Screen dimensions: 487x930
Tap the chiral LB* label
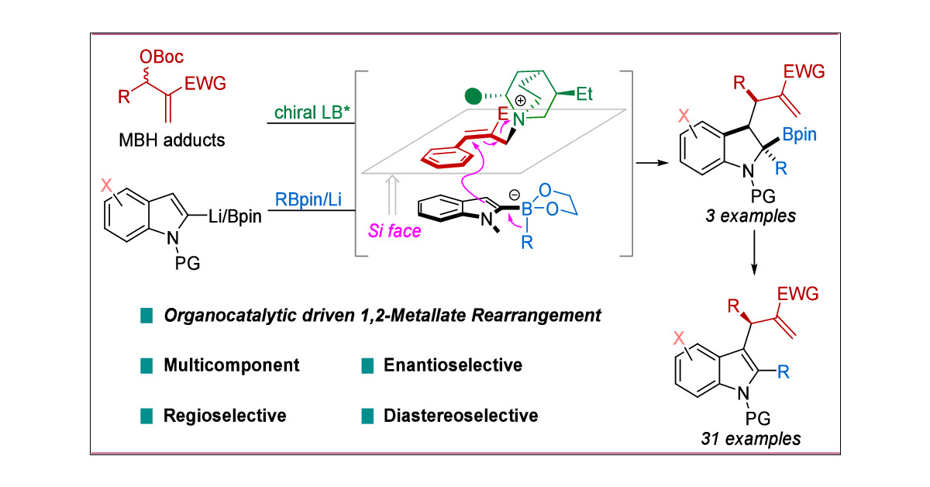305,114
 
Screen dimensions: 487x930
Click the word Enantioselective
453,364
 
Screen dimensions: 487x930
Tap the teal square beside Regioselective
146,416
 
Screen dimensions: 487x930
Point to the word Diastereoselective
461,416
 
